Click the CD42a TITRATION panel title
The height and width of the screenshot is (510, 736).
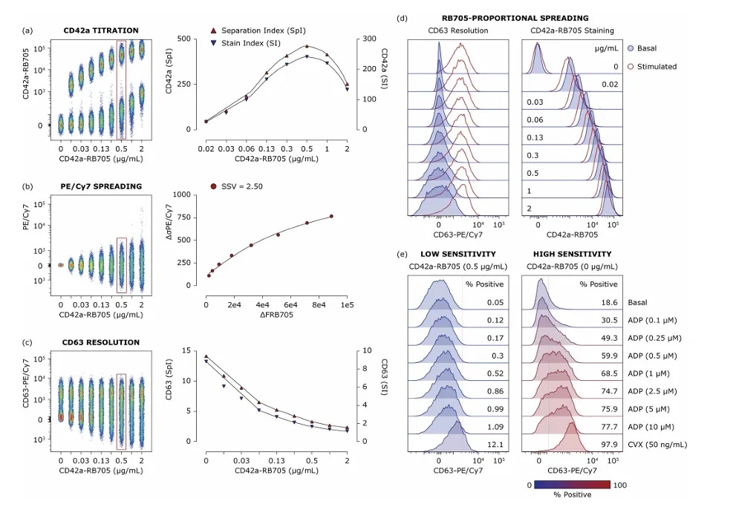click(101, 30)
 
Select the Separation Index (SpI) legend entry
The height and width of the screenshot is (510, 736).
click(258, 30)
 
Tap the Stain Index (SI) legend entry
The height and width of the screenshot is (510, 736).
click(245, 43)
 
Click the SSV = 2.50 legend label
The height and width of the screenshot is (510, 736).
click(237, 186)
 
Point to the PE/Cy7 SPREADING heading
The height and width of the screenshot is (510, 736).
click(101, 186)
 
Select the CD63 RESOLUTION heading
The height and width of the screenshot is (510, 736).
click(101, 342)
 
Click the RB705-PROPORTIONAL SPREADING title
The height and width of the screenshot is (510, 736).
click(515, 19)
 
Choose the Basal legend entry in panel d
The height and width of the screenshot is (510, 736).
click(642, 48)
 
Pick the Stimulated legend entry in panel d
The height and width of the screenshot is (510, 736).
click(652, 67)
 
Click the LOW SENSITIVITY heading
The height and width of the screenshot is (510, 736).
click(458, 255)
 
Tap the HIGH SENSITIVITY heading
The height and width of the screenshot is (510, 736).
click(572, 255)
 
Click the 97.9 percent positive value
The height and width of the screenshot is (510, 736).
click(609, 445)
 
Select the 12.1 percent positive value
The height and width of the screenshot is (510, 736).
click(495, 445)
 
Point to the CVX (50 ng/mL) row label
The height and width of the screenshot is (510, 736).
click(657, 445)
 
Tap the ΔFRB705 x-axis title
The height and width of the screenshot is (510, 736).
click(276, 315)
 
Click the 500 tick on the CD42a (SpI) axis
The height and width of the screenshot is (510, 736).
click(184, 39)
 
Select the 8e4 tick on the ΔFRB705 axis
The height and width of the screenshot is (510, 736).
click(319, 305)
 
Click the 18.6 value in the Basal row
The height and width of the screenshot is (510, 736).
click(609, 303)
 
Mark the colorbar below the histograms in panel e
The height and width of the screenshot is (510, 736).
click(572, 485)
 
